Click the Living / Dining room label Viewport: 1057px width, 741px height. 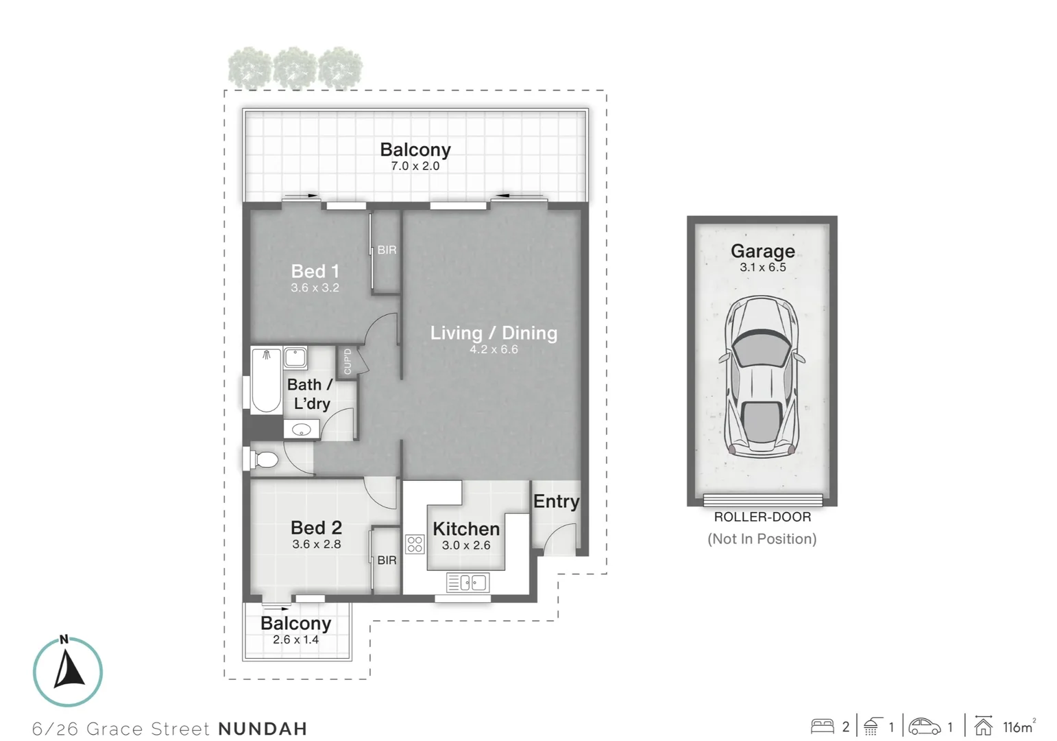[x=494, y=333]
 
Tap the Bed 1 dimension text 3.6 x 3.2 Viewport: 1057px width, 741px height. [x=315, y=288]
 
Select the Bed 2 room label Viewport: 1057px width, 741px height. [x=316, y=528]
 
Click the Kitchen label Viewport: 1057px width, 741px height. [x=466, y=529]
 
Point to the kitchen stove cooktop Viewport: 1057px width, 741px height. [x=415, y=544]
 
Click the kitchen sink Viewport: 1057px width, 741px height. [x=467, y=583]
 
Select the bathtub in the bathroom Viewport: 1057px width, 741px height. [x=266, y=381]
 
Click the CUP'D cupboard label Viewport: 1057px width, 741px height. [x=348, y=361]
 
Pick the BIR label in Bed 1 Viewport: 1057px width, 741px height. [x=387, y=250]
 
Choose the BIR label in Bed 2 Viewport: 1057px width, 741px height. [x=387, y=561]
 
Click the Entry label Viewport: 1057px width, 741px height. [x=556, y=502]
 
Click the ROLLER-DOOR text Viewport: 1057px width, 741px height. [x=762, y=517]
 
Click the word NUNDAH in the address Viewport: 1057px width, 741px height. [x=263, y=729]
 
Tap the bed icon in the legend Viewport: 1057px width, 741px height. [x=823, y=727]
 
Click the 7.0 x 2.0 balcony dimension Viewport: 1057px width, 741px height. [x=415, y=166]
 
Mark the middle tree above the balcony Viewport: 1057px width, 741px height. [x=295, y=68]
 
